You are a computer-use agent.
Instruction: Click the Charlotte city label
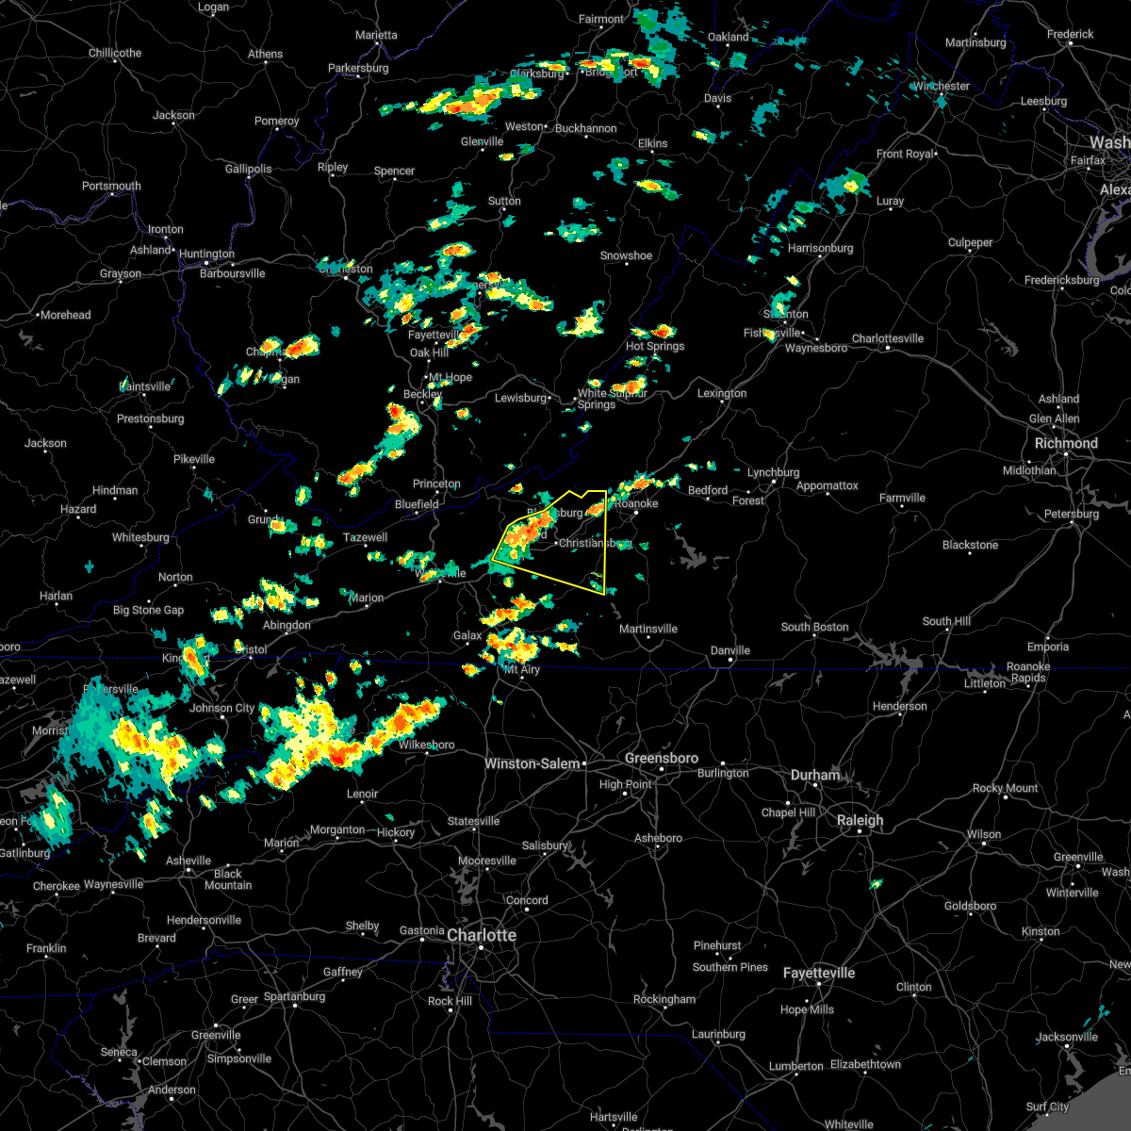point(481,935)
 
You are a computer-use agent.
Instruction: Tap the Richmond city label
point(1066,443)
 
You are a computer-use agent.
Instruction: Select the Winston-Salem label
point(532,763)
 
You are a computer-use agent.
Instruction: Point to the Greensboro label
point(662,758)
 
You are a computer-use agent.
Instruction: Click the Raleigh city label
point(860,820)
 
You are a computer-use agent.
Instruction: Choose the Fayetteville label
point(818,973)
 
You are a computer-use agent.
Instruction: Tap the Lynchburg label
point(773,472)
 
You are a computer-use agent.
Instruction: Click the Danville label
point(729,650)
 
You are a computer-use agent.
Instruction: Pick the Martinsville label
point(647,629)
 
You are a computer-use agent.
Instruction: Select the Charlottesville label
point(888,338)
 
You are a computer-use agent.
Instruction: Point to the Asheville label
point(188,861)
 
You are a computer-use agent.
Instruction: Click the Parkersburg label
point(358,68)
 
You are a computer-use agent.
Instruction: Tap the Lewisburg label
point(520,398)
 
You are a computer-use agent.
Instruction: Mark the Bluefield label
point(417,504)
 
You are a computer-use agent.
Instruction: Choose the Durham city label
point(814,775)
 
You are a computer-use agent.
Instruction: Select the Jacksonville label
point(1066,1037)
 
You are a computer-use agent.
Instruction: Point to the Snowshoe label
point(626,255)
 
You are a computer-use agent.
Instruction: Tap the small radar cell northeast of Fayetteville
point(877,884)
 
